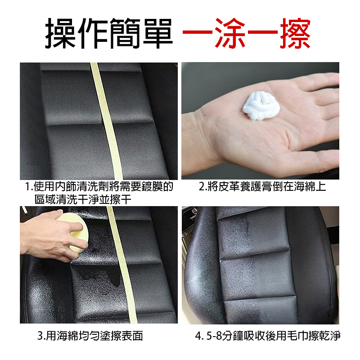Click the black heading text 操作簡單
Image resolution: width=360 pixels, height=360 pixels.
(109, 33)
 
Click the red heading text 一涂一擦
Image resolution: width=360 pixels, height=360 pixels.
(247, 33)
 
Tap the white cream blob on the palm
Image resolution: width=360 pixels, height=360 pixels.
(261, 106)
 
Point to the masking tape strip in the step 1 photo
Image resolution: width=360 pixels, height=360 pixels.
(106, 121)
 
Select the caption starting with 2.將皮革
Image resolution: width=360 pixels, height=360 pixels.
(262, 187)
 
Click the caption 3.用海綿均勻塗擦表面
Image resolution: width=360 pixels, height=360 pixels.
(90, 336)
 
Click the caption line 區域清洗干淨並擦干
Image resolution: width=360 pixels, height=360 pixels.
(83, 199)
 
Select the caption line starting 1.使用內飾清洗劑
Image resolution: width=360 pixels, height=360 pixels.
(99, 187)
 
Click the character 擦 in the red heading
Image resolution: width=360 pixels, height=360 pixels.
(295, 33)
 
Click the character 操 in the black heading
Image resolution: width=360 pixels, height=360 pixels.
(60, 33)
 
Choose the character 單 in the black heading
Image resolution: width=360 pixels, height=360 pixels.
(158, 33)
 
